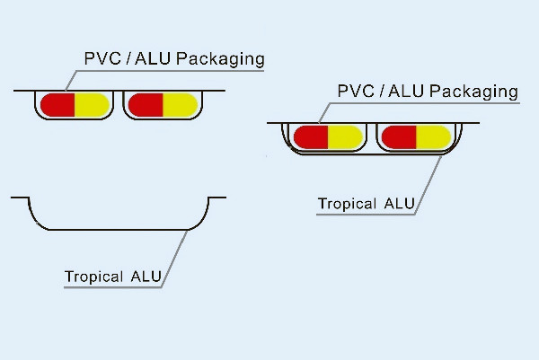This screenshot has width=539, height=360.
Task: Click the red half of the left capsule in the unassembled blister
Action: click(57, 104)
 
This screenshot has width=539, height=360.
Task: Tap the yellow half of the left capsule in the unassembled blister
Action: click(92, 104)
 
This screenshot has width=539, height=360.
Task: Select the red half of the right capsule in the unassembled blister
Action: click(145, 104)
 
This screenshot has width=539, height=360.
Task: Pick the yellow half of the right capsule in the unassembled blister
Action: click(179, 104)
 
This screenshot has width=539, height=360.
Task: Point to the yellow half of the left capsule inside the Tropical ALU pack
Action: click(346, 137)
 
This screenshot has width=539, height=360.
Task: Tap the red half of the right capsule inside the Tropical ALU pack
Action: click(399, 137)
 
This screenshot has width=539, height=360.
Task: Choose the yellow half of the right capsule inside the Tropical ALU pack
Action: click(433, 137)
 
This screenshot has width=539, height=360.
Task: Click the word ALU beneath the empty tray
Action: click(146, 277)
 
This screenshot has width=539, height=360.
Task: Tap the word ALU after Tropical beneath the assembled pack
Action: click(399, 204)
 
